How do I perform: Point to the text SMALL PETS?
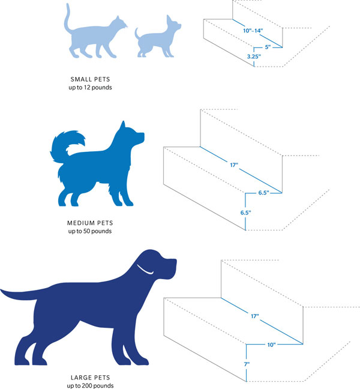coord(90,79)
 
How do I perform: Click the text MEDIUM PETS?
coord(90,222)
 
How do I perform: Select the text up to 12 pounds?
coord(90,88)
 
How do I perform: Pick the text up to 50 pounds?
coord(90,231)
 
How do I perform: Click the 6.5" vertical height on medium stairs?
coord(236,213)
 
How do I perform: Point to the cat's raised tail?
coord(68,18)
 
